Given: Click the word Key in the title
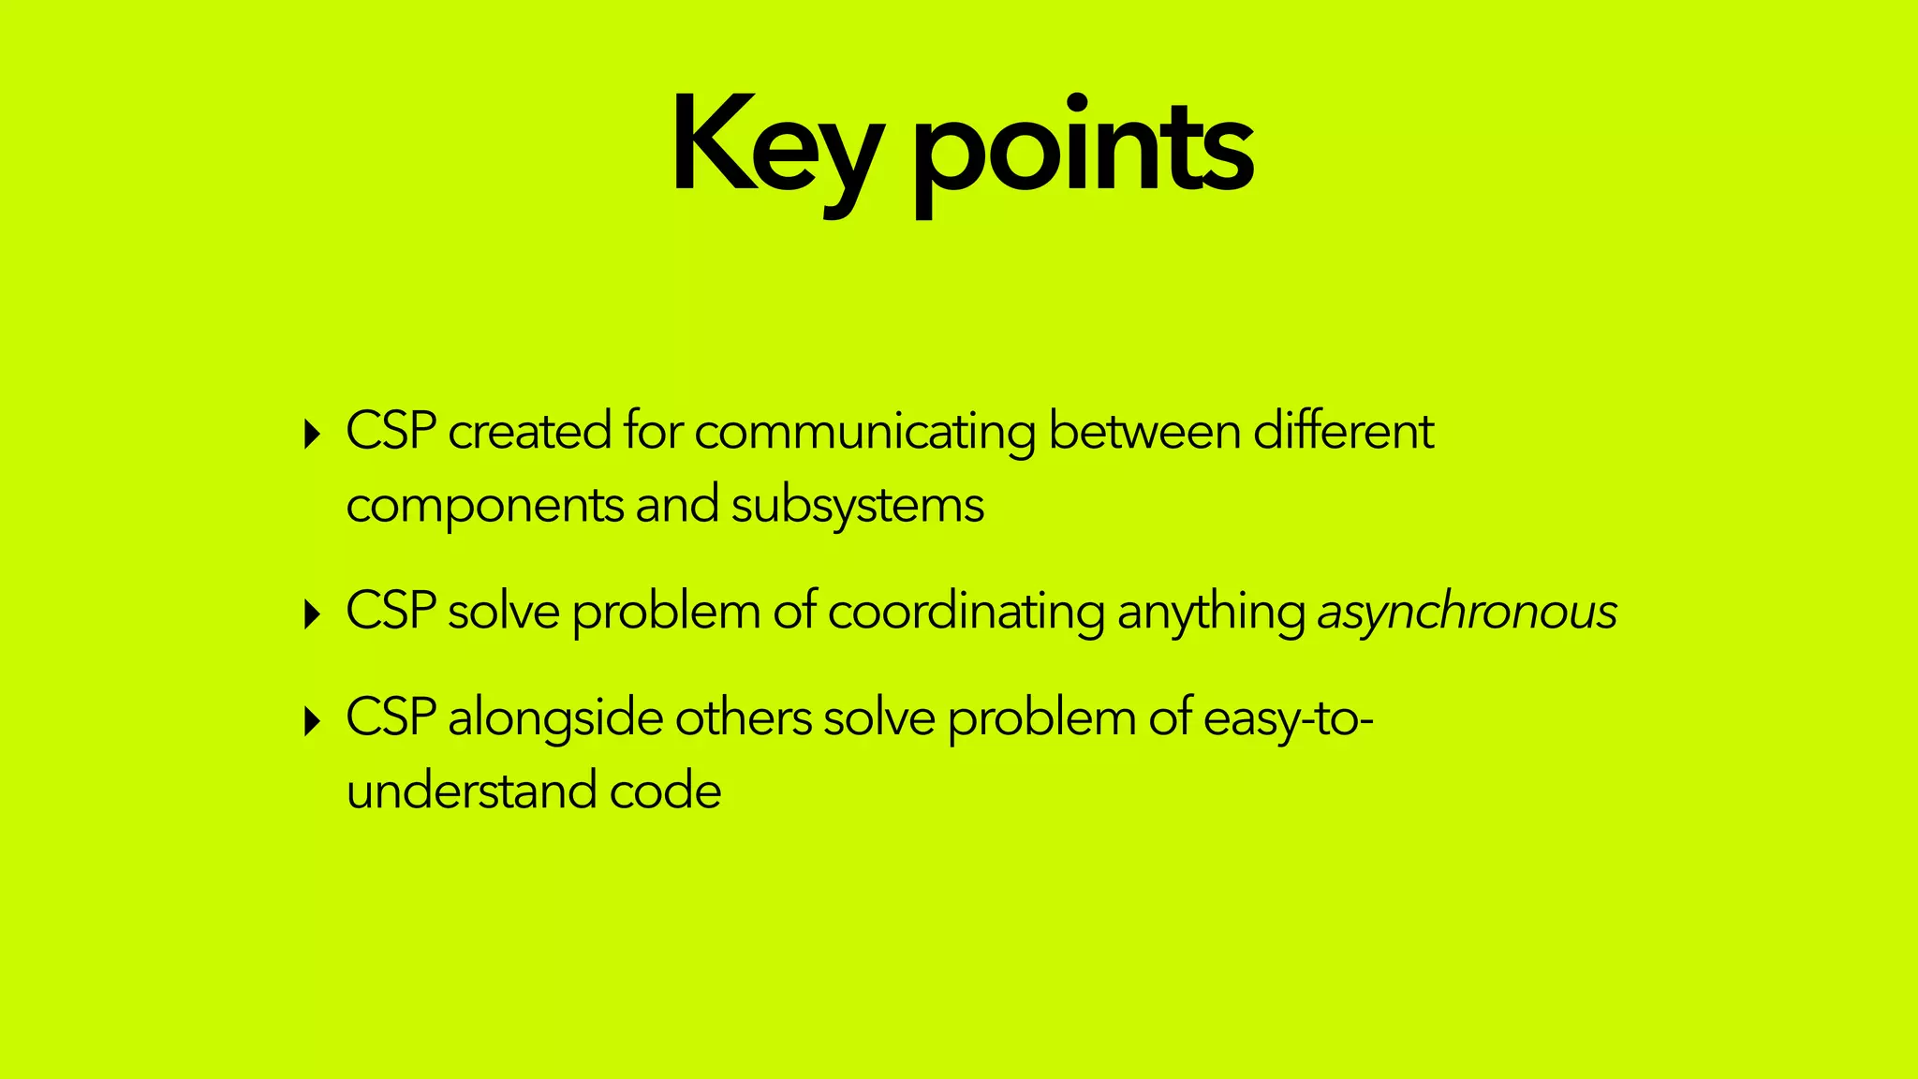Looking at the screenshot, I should click(x=775, y=148).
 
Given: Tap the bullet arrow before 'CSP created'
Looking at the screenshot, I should click(x=313, y=435).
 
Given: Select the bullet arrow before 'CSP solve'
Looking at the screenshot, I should click(x=313, y=614).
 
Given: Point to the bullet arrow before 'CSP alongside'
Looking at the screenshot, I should click(x=313, y=721).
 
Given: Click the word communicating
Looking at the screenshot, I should click(x=864, y=433).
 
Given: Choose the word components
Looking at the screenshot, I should click(x=484, y=507).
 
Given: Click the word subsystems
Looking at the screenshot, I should click(x=857, y=507).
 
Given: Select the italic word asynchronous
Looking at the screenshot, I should click(x=1467, y=613).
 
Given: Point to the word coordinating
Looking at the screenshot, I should click(x=966, y=613).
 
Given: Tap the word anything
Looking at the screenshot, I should click(x=1211, y=613).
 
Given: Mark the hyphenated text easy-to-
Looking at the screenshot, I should click(x=1288, y=719).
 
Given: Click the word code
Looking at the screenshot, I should click(x=666, y=791).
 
